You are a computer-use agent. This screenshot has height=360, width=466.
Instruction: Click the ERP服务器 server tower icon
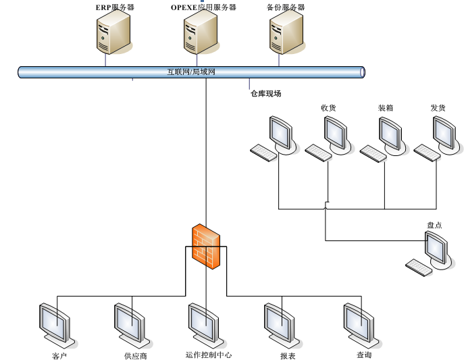[x=113, y=34]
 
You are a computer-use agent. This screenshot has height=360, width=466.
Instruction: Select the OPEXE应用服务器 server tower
[x=201, y=34]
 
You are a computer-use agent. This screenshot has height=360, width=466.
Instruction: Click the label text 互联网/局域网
[x=191, y=72]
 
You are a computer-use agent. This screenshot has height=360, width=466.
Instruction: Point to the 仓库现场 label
[x=265, y=94]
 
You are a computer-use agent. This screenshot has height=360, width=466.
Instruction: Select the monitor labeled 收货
[x=336, y=134]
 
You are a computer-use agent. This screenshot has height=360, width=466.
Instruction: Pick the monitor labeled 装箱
[x=390, y=134]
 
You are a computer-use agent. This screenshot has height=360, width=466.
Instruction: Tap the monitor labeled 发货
[x=444, y=134]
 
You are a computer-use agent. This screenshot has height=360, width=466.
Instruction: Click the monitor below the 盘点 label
[x=436, y=249]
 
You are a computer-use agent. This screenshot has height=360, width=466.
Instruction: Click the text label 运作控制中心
[x=209, y=355]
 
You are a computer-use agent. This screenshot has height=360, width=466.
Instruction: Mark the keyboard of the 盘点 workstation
[x=419, y=267]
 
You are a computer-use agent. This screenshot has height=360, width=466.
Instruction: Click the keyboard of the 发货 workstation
[x=427, y=153]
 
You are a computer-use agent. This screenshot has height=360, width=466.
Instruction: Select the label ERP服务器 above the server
[x=114, y=7]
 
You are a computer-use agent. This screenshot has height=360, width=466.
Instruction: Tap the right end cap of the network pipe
[x=363, y=72]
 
